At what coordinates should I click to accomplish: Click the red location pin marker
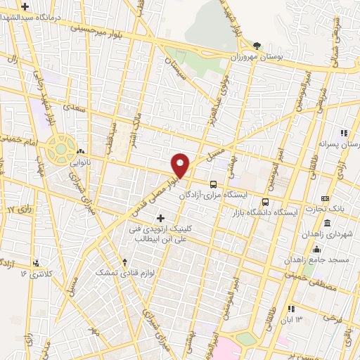point(181,165)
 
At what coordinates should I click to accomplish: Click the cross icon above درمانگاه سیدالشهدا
point(25,6)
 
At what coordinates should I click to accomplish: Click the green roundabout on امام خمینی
point(61,148)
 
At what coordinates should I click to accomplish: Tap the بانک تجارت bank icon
point(324,198)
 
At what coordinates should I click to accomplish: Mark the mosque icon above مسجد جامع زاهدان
point(317,248)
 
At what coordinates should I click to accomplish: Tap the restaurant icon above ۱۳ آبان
point(292,308)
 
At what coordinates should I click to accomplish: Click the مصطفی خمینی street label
point(310,282)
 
